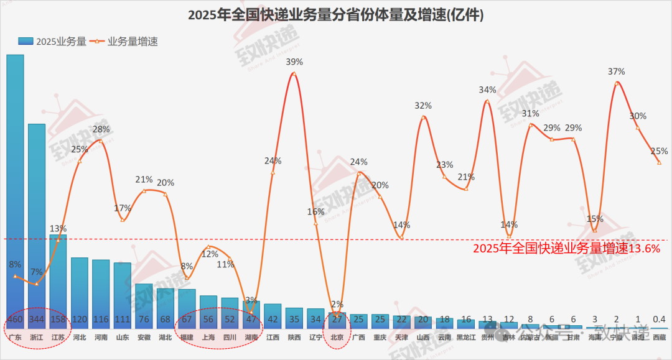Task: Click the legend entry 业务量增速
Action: [125, 42]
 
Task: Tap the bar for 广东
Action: [16, 187]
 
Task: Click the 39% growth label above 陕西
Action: [294, 62]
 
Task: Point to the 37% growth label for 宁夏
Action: [616, 72]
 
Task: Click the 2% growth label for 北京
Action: [337, 305]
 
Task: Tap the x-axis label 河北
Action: [79, 338]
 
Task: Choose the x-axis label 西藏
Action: [659, 338]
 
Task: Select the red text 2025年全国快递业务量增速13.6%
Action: [566, 248]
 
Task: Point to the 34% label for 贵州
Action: [487, 90]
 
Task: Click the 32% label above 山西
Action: [423, 106]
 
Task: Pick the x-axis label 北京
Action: [337, 338]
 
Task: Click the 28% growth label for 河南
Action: [101, 129]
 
